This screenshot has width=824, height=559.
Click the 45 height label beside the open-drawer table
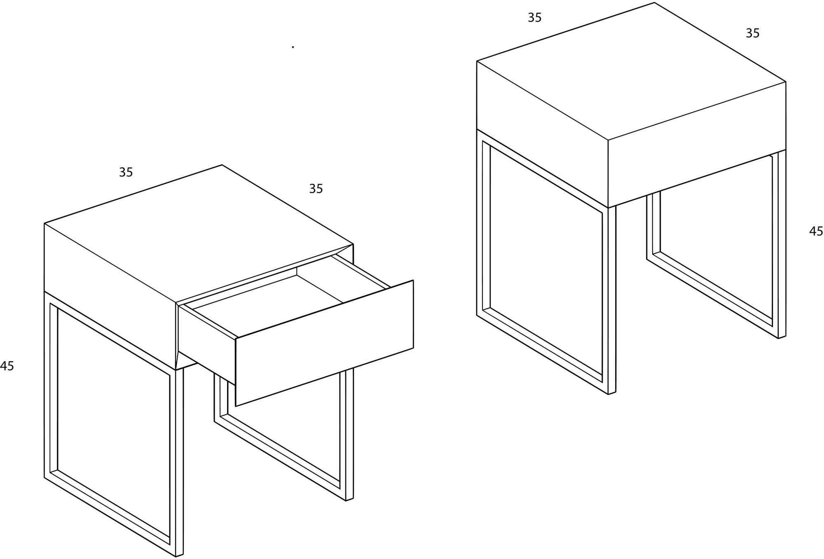6,366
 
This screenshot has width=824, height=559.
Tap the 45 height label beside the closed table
816,231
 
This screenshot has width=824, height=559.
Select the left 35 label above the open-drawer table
126,172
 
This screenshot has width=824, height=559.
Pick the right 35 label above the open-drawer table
316,189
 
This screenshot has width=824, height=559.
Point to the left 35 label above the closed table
535,18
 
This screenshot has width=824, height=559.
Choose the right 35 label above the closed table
753,33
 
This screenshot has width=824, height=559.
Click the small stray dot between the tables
293,47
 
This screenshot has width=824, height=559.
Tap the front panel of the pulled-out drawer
324,343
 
